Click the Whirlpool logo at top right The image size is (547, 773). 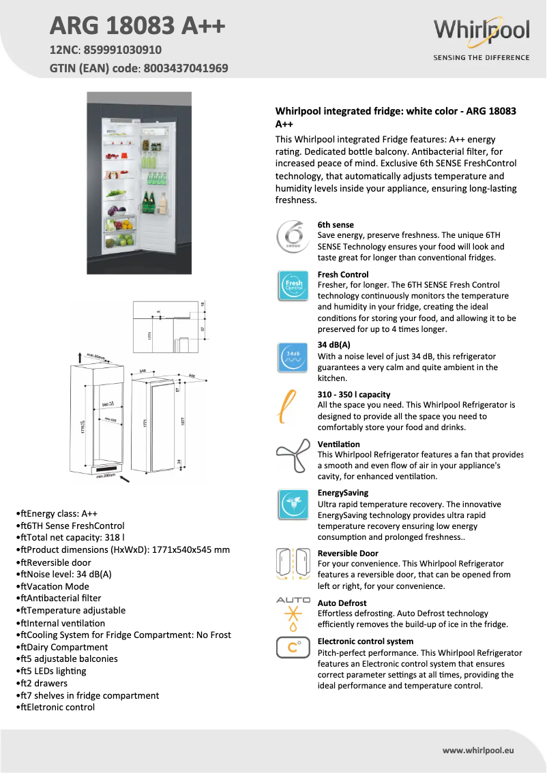point(481,31)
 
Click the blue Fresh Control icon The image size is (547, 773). point(293,285)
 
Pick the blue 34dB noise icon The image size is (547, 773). point(293,357)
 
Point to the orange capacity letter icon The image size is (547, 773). point(289,407)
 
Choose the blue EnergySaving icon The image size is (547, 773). point(293,504)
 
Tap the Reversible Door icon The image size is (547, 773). point(293,564)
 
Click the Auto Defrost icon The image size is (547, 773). point(293,613)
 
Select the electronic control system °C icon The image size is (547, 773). point(293,648)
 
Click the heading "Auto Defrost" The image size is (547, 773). point(342,603)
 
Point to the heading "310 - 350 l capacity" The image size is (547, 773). point(354,394)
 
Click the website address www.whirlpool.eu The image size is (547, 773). point(477,750)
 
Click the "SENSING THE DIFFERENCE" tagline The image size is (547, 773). point(481,57)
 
